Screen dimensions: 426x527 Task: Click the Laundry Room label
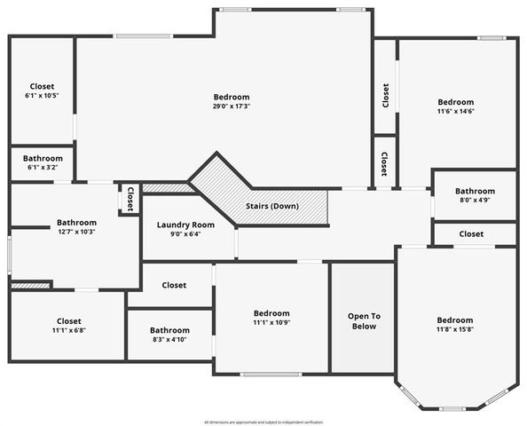pos(185,225)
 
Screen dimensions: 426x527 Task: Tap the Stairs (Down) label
pos(272,206)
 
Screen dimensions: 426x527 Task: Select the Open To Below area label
pos(364,320)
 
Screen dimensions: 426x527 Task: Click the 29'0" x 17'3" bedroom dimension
pos(232,106)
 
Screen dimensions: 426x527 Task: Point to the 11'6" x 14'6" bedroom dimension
pos(455,112)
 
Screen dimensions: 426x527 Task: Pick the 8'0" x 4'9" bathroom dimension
pos(475,201)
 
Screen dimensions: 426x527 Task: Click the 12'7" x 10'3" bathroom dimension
pos(75,232)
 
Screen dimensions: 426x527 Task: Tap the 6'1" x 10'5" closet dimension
pos(42,96)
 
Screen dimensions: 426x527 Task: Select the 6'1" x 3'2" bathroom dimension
pos(42,167)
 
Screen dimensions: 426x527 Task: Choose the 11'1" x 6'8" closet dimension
pos(68,330)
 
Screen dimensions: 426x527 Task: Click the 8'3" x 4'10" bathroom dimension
pos(169,339)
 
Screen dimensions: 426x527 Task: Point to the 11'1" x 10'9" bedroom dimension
pos(271,322)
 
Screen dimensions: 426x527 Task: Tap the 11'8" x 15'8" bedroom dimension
pos(454,329)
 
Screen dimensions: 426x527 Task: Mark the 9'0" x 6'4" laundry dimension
pos(185,234)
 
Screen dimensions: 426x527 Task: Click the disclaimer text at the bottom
pos(263,422)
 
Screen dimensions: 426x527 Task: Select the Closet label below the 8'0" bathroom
pos(471,234)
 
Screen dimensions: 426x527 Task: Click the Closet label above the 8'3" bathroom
pos(174,286)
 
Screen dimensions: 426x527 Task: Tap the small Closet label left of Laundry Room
pos(130,199)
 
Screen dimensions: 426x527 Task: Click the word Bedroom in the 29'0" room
pos(232,97)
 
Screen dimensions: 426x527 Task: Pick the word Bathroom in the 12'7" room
pos(76,223)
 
